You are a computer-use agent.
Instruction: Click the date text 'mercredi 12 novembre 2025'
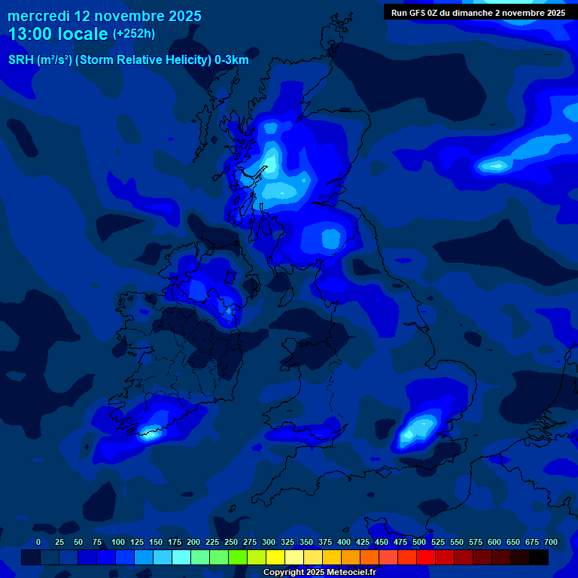[x=105, y=16]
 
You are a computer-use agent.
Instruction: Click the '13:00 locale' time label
[x=58, y=34]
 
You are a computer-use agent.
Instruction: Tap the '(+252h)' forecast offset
[x=134, y=34]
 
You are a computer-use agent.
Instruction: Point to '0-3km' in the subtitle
[x=232, y=60]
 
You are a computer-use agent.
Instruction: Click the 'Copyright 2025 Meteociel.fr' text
[x=319, y=572]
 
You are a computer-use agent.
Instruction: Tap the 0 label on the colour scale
[x=38, y=542]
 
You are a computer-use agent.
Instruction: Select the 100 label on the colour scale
[x=118, y=542]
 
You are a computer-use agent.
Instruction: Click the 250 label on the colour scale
[x=231, y=542]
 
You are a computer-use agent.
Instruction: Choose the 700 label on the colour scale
[x=551, y=542]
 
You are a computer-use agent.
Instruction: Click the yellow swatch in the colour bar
[x=275, y=558]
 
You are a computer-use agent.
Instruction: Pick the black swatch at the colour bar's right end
[x=539, y=558]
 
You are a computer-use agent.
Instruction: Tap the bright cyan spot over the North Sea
[x=495, y=165]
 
